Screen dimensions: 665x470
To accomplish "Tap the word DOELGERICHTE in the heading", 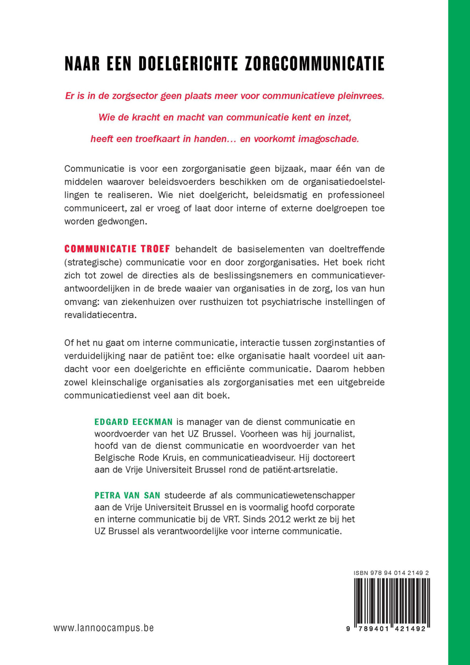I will point(188,64).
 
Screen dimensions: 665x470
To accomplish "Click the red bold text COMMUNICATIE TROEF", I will point(117,249).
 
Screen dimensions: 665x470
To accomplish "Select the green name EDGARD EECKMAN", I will point(134,422).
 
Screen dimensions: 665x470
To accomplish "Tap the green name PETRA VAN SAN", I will point(127,495).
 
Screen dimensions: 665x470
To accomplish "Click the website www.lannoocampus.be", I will point(104,628).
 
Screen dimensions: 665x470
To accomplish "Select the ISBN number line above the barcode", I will point(391,573).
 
